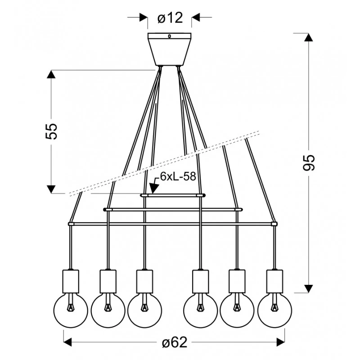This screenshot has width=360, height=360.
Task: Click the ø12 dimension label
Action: click(x=170, y=18)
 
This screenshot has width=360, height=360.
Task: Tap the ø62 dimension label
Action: click(x=175, y=342)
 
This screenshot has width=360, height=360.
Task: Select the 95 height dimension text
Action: click(x=309, y=162)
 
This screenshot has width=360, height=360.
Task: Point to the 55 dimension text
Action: click(x=51, y=131)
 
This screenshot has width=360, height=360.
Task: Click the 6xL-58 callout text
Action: click(x=178, y=176)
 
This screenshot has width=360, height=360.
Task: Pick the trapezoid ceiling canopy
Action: click(x=170, y=49)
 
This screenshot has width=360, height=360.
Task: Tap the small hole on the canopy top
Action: click(x=170, y=36)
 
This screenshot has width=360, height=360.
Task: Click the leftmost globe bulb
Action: click(x=71, y=310)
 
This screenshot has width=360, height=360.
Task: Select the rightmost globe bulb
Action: click(x=275, y=310)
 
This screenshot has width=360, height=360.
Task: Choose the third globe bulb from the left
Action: click(x=144, y=310)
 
